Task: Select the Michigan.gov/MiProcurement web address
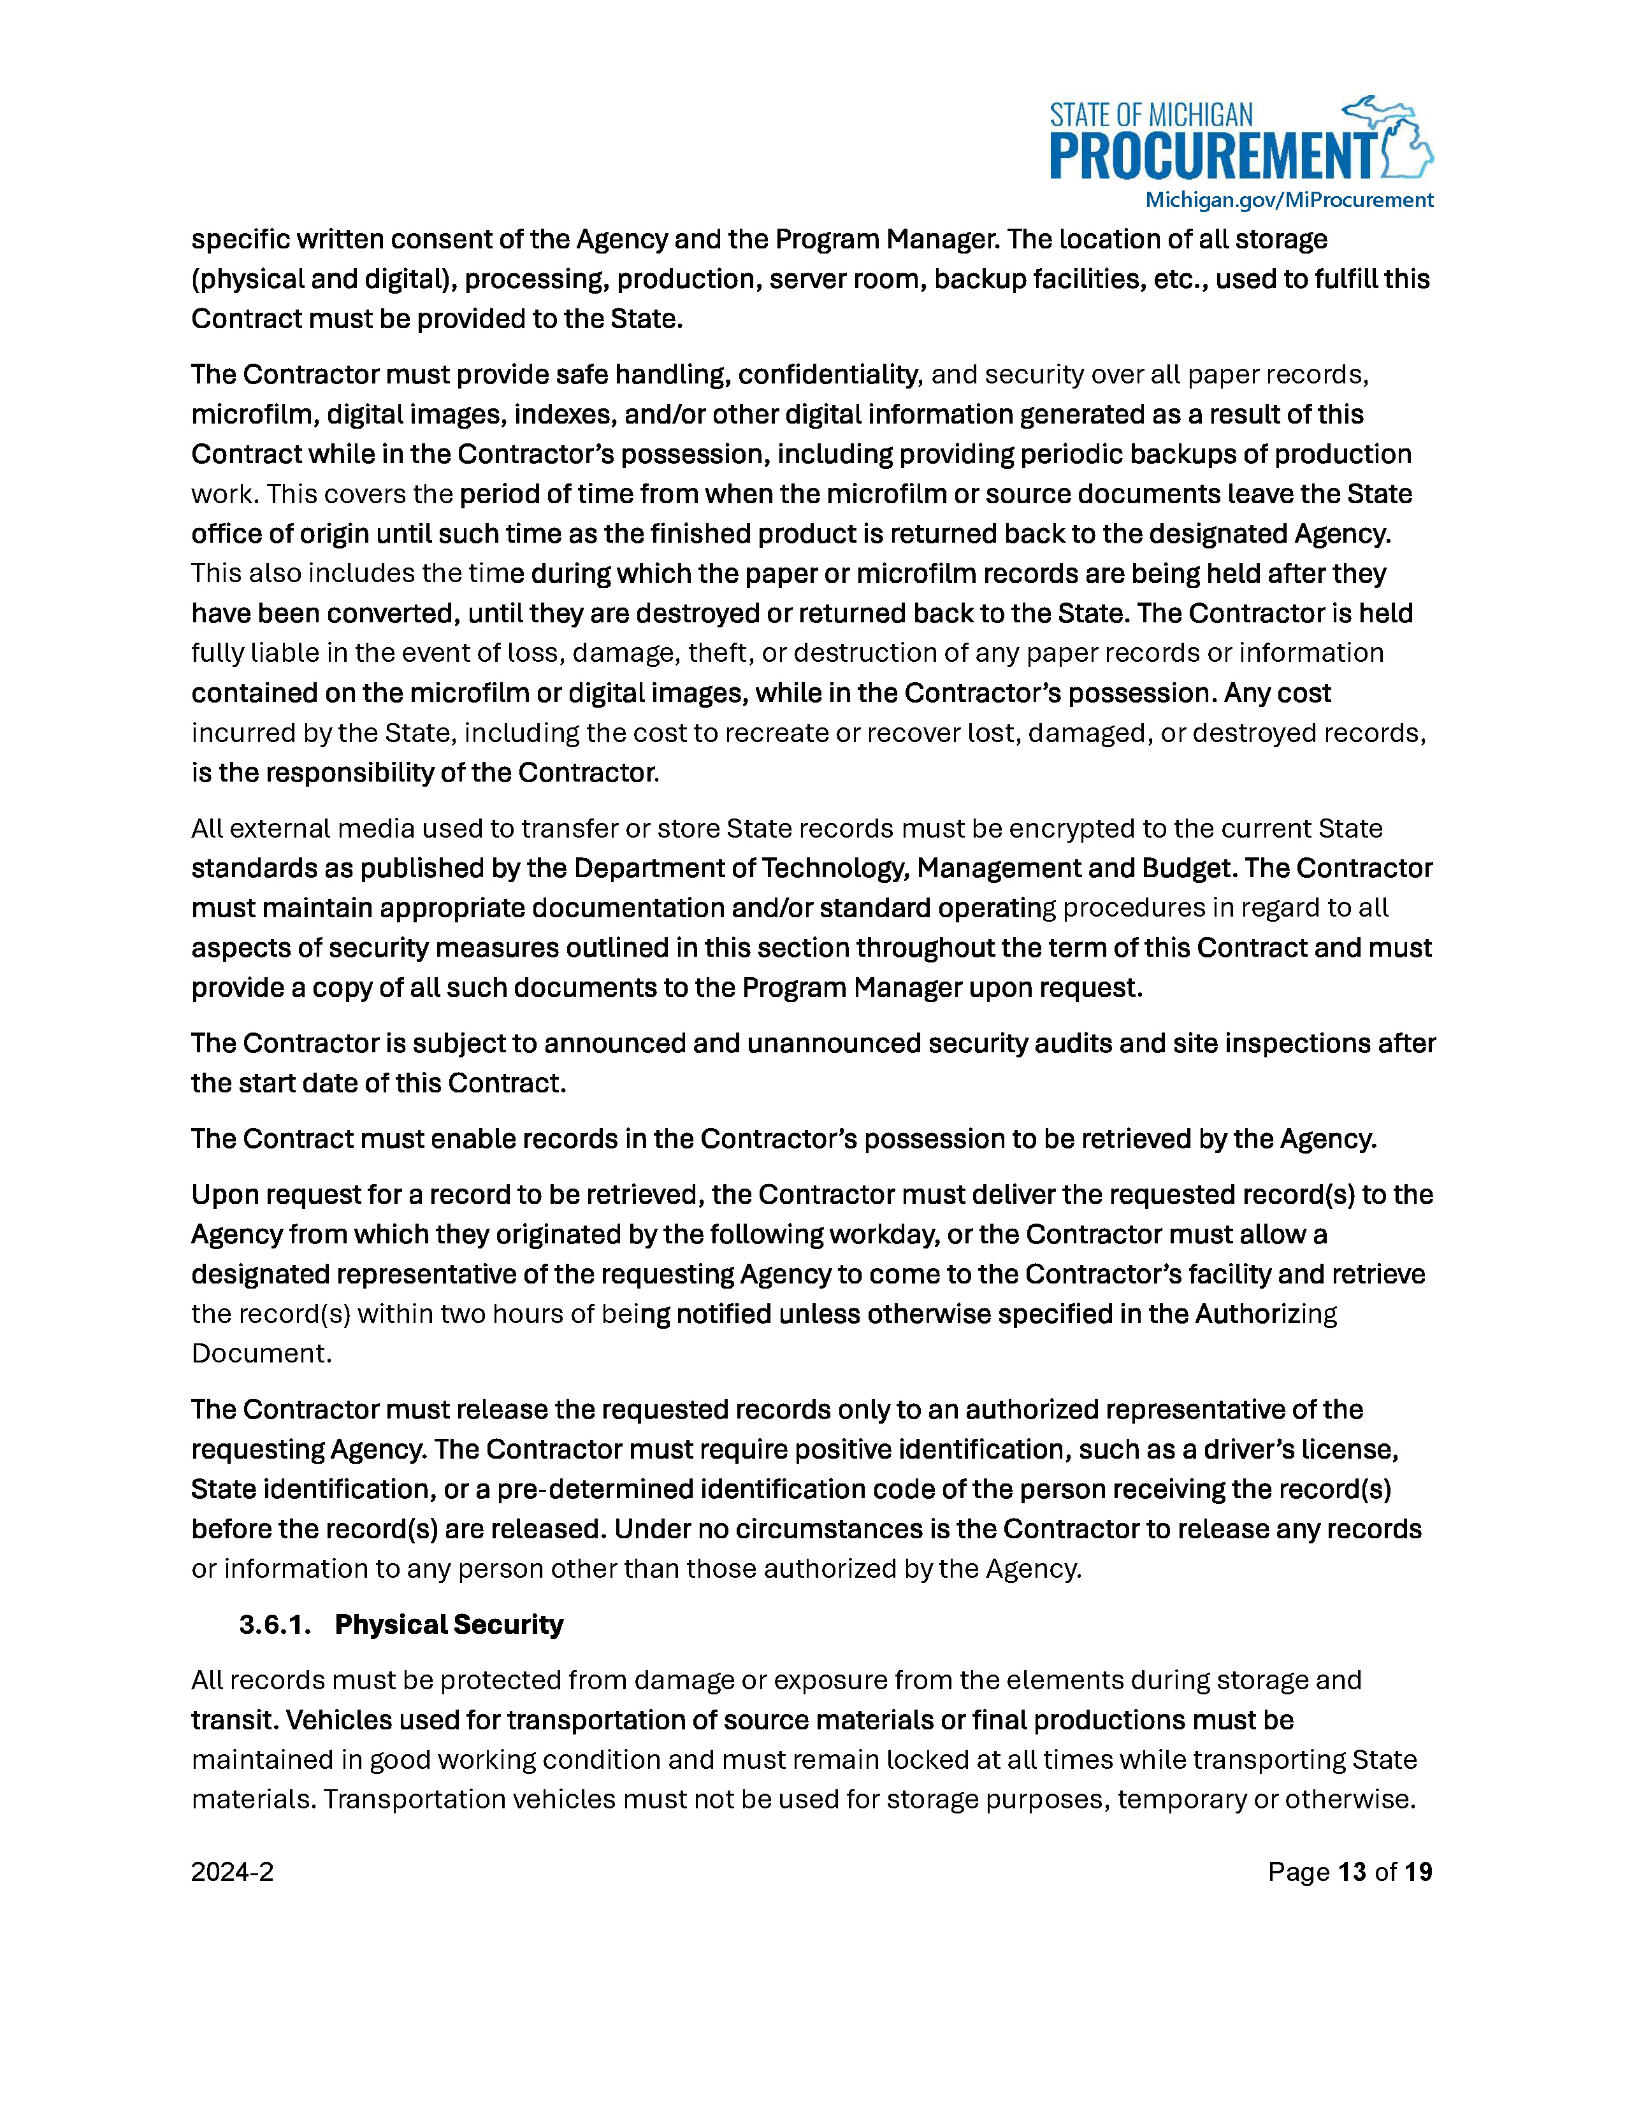[x=1288, y=200]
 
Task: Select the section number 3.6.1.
[x=275, y=1625]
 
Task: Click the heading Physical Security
[x=449, y=1625]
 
